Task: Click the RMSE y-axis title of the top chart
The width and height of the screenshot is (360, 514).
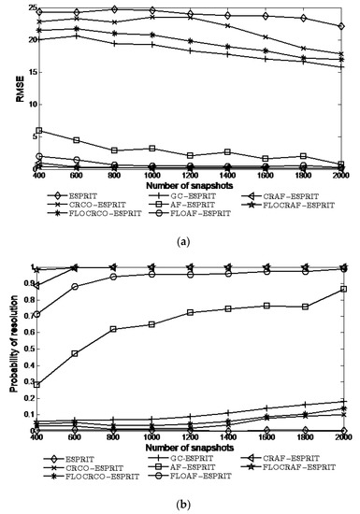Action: [x=11, y=89]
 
